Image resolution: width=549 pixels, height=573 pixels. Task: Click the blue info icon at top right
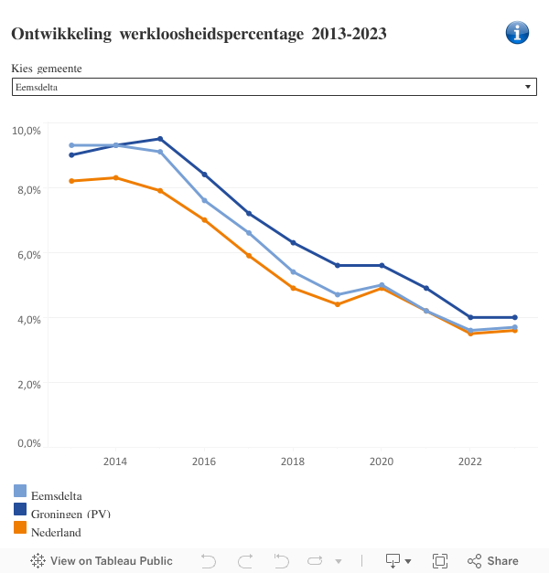pyautogui.click(x=517, y=33)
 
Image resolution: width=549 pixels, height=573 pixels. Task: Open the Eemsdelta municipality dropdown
pyautogui.click(x=274, y=87)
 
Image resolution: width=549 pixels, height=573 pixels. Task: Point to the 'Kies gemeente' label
pyautogui.click(x=52, y=69)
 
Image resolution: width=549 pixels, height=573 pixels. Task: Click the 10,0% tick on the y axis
pyautogui.click(x=26, y=131)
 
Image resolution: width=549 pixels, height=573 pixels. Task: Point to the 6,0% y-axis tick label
pyautogui.click(x=27, y=254)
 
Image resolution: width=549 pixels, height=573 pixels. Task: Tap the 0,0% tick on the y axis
pyautogui.click(x=27, y=443)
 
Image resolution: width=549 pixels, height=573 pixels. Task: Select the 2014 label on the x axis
pyautogui.click(x=115, y=462)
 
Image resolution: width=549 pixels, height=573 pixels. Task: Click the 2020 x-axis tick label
pyautogui.click(x=382, y=462)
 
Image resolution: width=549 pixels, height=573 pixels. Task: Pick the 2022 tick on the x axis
pyautogui.click(x=470, y=462)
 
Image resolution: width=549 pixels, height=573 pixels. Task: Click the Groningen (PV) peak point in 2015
pyautogui.click(x=160, y=139)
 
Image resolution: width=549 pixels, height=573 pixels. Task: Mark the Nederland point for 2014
pyautogui.click(x=115, y=177)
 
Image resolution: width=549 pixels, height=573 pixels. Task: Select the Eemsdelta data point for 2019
pyautogui.click(x=338, y=295)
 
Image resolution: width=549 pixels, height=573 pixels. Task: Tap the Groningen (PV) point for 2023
pyautogui.click(x=515, y=317)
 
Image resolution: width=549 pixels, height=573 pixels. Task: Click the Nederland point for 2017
pyautogui.click(x=249, y=256)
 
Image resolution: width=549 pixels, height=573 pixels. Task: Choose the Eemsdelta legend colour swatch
pyautogui.click(x=20, y=491)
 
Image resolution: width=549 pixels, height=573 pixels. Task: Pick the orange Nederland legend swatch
pyautogui.click(x=20, y=527)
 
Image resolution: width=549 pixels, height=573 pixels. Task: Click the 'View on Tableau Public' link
pyautogui.click(x=102, y=561)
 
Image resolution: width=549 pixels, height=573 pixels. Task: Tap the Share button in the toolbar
pyautogui.click(x=493, y=561)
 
